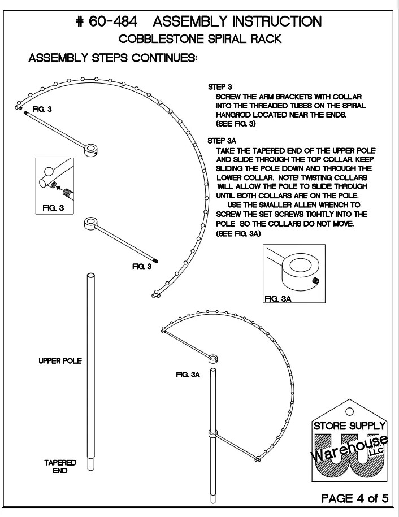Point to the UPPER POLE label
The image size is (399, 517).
(x=59, y=361)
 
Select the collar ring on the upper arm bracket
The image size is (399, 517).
(x=90, y=149)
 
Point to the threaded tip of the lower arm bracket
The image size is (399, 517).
(x=155, y=260)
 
